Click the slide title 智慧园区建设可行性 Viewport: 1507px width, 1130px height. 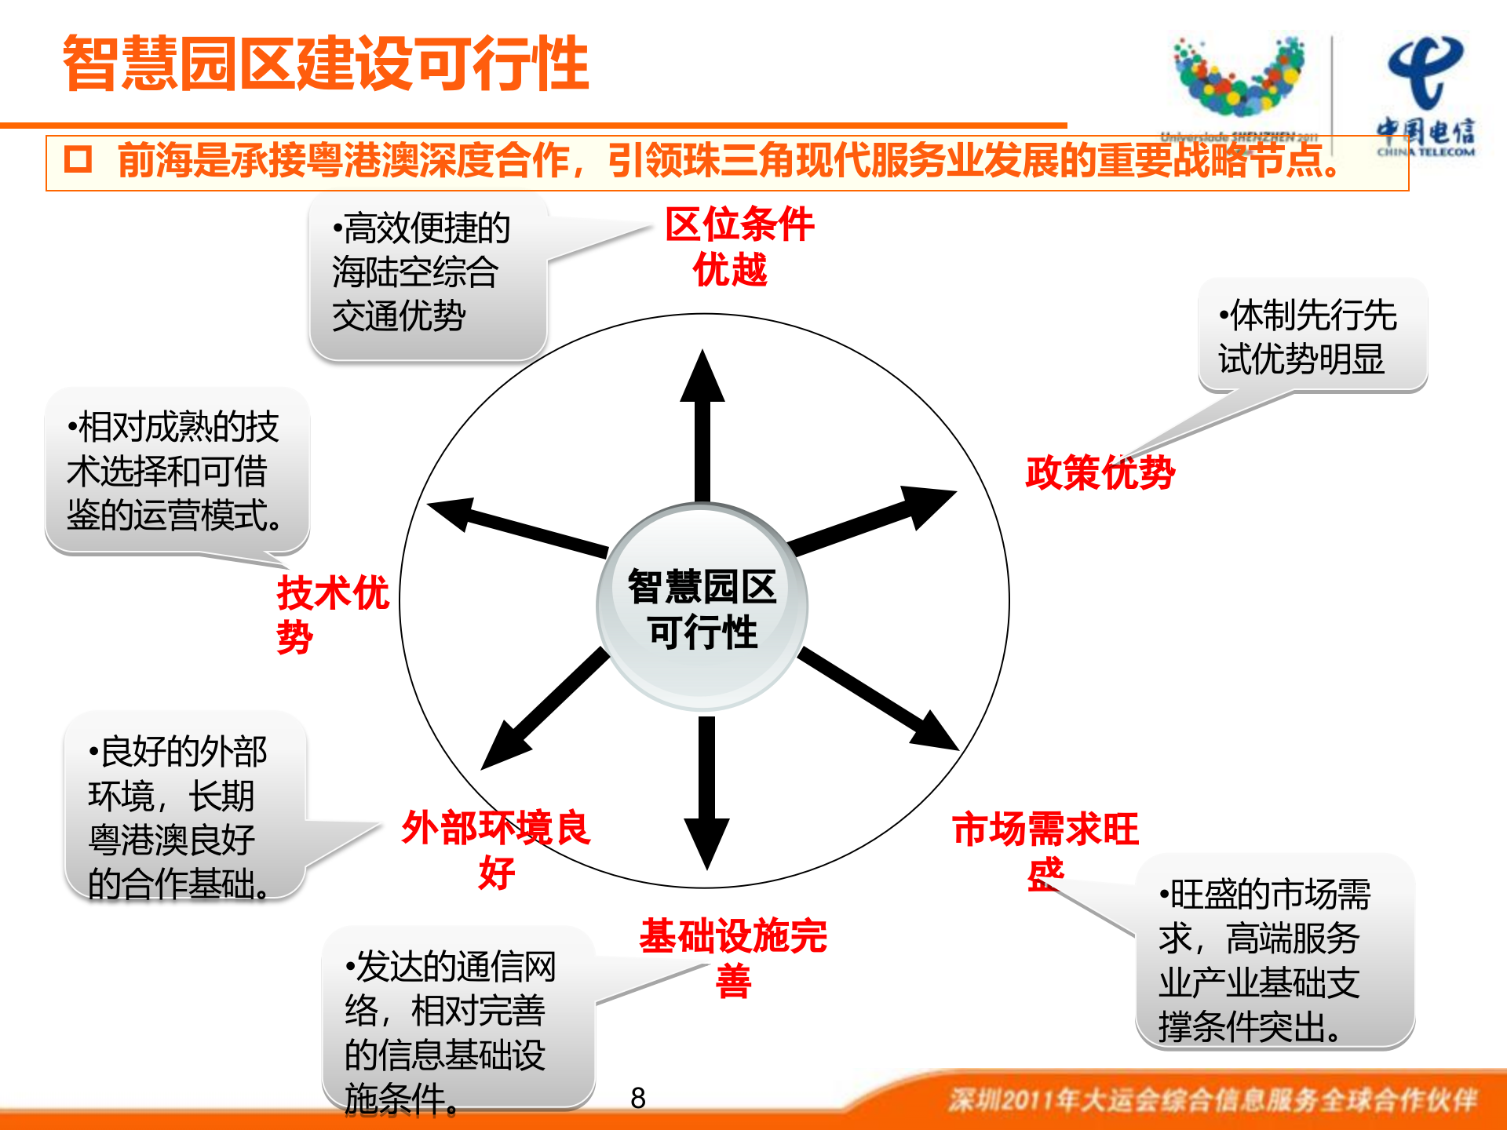pyautogui.click(x=326, y=63)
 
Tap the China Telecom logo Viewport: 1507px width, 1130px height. pyautogui.click(x=1425, y=94)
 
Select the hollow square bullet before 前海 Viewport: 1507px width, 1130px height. pyautogui.click(x=78, y=159)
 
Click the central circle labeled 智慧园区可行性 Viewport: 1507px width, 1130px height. pyautogui.click(x=702, y=608)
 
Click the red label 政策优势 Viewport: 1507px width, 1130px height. pyautogui.click(x=1100, y=472)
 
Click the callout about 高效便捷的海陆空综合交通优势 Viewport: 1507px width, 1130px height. pyautogui.click(x=428, y=275)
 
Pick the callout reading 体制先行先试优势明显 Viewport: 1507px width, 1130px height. pyautogui.click(x=1311, y=336)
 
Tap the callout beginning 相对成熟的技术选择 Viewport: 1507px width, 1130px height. pyautogui.click(x=177, y=471)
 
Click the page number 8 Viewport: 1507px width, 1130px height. pyautogui.click(x=638, y=1098)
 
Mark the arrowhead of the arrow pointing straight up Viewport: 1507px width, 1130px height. pyautogui.click(x=702, y=377)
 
